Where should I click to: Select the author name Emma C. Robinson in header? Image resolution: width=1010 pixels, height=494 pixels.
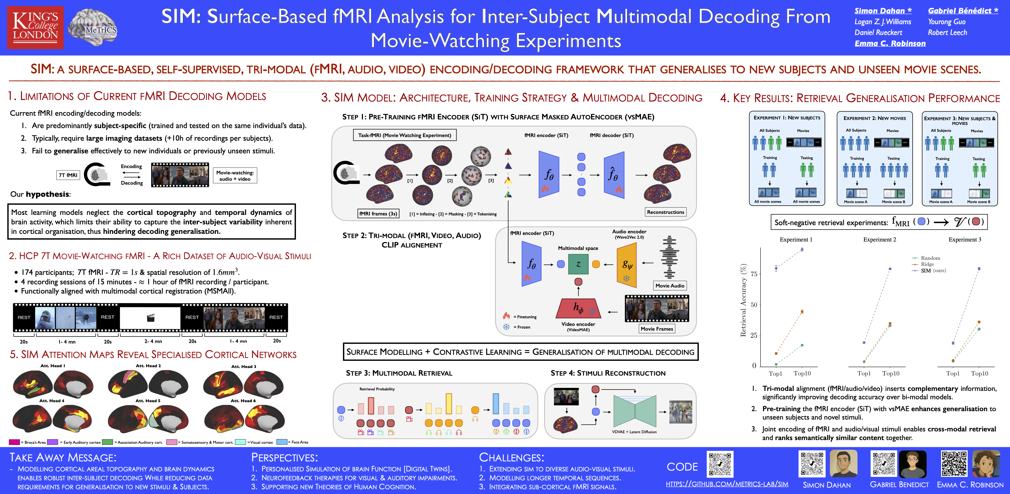[890, 43]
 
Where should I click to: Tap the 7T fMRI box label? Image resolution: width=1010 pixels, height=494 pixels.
[68, 175]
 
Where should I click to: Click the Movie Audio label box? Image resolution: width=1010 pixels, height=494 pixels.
[670, 286]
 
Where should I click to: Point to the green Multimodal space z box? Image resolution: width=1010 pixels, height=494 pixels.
[578, 264]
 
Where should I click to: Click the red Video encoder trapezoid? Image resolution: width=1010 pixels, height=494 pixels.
[578, 308]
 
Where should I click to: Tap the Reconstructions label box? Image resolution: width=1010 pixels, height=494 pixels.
[665, 212]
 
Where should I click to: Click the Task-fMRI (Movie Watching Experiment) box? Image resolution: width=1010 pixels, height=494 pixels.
[405, 135]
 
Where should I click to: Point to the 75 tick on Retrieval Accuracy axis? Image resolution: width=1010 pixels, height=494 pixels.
[754, 274]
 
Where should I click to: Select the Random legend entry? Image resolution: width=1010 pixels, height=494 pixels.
[930, 258]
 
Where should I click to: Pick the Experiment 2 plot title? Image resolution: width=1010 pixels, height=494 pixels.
[880, 240]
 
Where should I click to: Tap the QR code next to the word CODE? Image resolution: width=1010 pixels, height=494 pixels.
[720, 465]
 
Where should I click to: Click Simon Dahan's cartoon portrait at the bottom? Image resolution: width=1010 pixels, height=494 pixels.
[843, 464]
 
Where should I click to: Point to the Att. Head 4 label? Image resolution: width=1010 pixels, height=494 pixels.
[52, 401]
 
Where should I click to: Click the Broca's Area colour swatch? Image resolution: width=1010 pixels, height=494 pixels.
[14, 442]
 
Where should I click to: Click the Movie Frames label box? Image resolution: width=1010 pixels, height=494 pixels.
[657, 329]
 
